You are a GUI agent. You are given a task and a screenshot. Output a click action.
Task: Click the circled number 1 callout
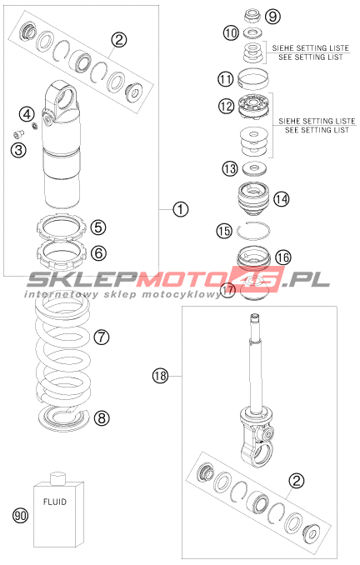click(x=180, y=209)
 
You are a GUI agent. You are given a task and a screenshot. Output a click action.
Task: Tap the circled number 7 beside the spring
click(x=102, y=337)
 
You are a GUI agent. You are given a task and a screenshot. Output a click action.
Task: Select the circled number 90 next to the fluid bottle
click(x=21, y=515)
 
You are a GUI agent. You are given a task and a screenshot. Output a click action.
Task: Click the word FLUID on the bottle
click(x=55, y=501)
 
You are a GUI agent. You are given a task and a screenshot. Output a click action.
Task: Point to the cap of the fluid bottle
click(x=58, y=478)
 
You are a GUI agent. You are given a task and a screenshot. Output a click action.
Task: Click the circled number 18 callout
click(x=160, y=376)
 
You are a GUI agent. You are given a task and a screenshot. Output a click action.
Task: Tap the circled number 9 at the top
click(x=272, y=16)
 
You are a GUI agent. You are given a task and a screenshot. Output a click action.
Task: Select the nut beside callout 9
click(x=253, y=16)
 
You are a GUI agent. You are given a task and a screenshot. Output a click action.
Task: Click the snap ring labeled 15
click(x=253, y=230)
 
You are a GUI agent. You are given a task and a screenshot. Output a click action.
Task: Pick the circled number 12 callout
click(x=227, y=106)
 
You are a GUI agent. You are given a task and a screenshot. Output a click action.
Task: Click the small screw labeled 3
click(x=18, y=134)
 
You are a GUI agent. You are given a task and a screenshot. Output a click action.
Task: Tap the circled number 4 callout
click(x=27, y=114)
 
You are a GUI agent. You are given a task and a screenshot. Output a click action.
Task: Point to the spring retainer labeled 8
click(x=64, y=418)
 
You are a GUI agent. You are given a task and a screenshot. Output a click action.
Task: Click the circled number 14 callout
click(x=282, y=198)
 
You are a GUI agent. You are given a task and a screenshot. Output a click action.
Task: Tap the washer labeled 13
click(x=254, y=167)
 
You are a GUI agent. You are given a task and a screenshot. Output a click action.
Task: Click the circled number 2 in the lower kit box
click(x=297, y=480)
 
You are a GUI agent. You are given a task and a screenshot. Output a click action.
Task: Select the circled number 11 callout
click(x=227, y=79)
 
